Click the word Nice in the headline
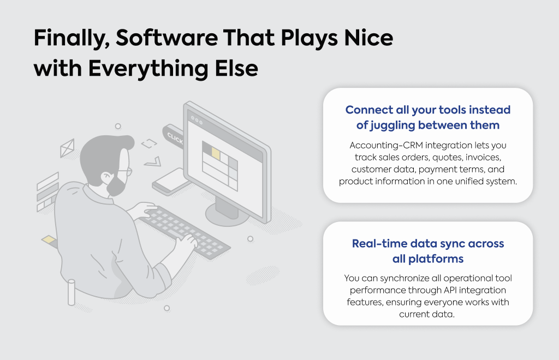368,38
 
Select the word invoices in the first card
483,158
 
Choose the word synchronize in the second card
403,279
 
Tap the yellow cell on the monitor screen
216,153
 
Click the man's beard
116,185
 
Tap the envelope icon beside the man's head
67,148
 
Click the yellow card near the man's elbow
49,240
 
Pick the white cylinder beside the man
72,292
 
